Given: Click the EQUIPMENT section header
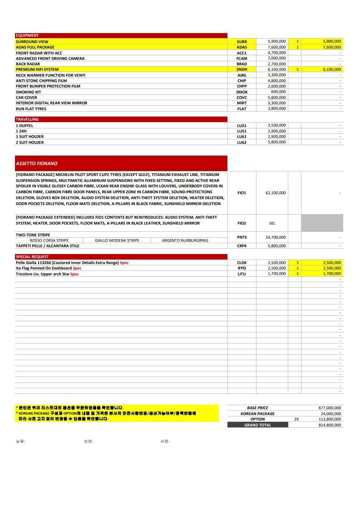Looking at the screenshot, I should coord(27,35).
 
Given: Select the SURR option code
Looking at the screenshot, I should coord(242,42).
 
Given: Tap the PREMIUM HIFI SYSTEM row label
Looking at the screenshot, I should coord(37,69).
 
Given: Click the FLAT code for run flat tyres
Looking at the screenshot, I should coord(242,109).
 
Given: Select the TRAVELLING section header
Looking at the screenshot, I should coord(27,119).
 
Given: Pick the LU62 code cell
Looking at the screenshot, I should coord(242,142).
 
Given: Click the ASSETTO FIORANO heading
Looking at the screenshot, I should coord(37,163).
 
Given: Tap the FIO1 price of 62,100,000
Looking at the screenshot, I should coord(276,193).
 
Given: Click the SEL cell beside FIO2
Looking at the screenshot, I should coord(272,223).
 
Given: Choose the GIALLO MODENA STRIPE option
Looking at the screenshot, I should coord(117,240).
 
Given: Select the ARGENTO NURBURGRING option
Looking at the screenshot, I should coord(185,240).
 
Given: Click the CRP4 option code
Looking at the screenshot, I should coord(242,246).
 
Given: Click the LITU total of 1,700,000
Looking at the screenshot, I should coord(332,274).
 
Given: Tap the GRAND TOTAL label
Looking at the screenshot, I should coord(257,425).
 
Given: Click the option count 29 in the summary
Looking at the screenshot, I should coord(296,419).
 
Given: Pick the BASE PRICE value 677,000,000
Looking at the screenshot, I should coord(330,408).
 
